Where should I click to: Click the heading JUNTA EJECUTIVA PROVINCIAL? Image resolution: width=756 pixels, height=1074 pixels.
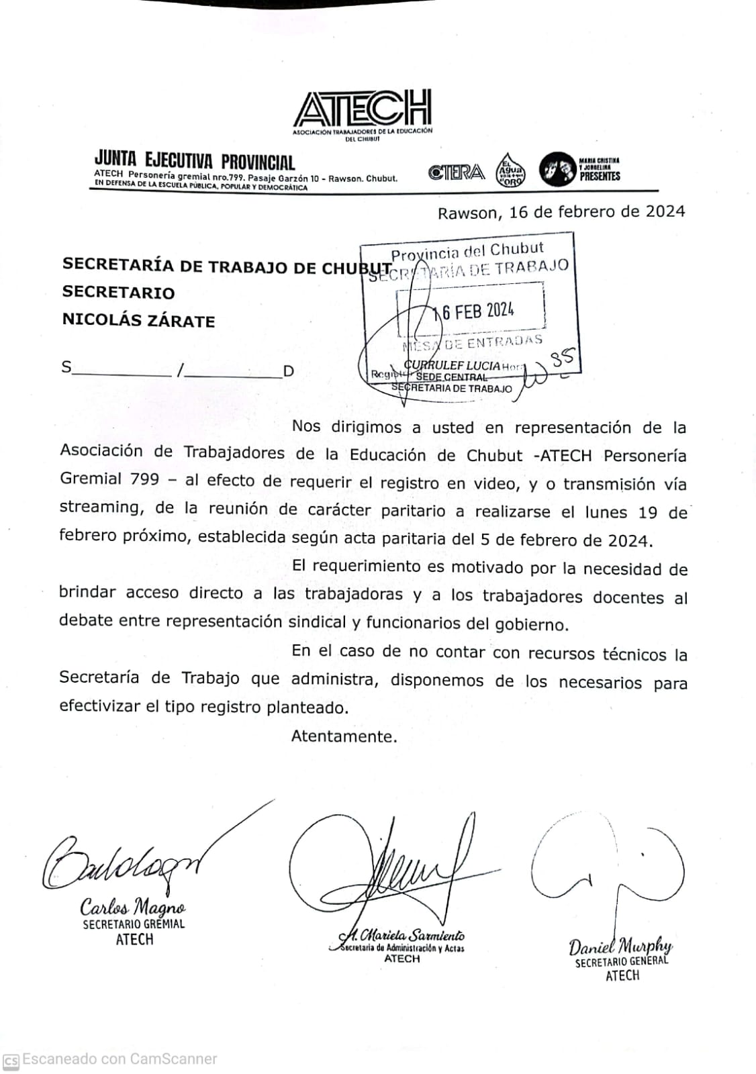pyautogui.click(x=195, y=161)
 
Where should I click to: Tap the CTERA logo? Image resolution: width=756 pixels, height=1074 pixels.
pyautogui.click(x=457, y=173)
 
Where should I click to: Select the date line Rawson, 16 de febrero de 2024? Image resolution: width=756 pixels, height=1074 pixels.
pyautogui.click(x=561, y=212)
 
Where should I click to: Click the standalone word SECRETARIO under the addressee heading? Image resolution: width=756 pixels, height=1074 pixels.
pyautogui.click(x=118, y=293)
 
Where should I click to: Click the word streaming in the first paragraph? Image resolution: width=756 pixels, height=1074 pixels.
pyautogui.click(x=101, y=507)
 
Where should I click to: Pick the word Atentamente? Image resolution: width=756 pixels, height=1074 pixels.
pyautogui.click(x=344, y=736)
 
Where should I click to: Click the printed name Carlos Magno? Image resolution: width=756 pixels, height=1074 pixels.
pyautogui.click(x=133, y=907)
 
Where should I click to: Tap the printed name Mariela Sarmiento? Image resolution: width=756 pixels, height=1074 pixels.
pyautogui.click(x=411, y=935)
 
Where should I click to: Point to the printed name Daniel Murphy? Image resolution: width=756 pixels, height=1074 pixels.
pyautogui.click(x=620, y=946)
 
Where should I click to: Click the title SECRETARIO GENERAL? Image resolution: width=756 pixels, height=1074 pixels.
pyautogui.click(x=622, y=961)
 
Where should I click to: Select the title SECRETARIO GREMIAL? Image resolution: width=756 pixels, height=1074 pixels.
pyautogui.click(x=134, y=924)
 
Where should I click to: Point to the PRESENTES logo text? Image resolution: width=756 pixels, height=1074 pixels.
pyautogui.click(x=600, y=176)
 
